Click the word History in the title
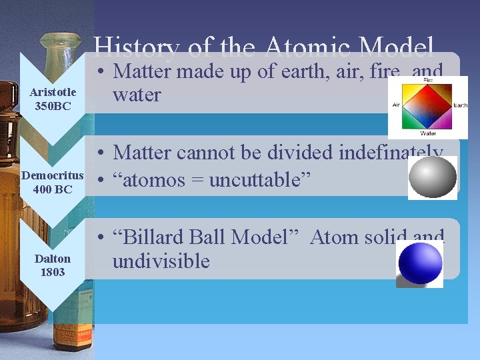[136, 48]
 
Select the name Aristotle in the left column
[53, 92]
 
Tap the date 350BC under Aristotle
[53, 105]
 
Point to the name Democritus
[53, 176]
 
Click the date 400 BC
[53, 189]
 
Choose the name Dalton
[53, 258]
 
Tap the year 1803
[53, 271]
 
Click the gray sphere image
[432, 177]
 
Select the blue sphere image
[419, 264]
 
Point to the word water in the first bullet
[137, 95]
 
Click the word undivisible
[161, 261]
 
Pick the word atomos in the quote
[155, 180]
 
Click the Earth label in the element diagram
[461, 105]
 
